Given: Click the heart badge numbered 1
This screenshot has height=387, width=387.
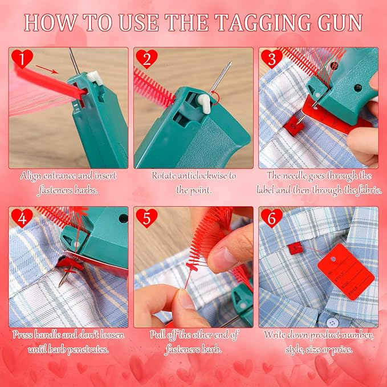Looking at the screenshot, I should pos(22,58).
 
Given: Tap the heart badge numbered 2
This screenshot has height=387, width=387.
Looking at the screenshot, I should pos(148,58).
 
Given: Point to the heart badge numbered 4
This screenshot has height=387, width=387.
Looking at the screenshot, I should pos(22,218).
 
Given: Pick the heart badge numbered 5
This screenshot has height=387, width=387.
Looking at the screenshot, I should pos(148,218).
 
